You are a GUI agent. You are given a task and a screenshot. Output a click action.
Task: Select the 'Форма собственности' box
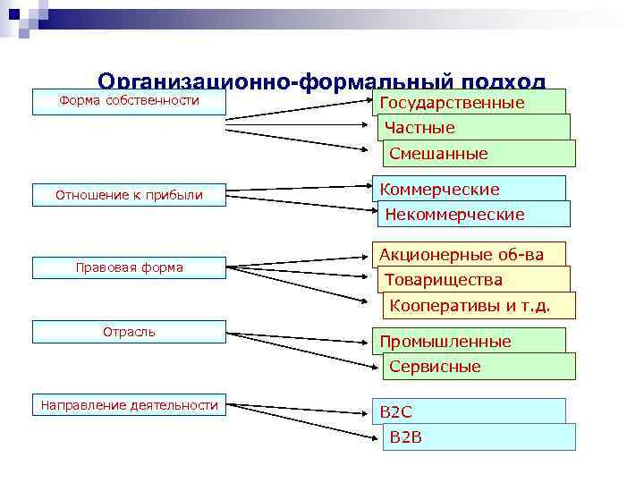[x=129, y=101]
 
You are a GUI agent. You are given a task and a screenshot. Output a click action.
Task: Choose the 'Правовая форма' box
[x=129, y=267]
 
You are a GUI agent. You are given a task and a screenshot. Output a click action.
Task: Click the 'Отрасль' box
[x=129, y=332]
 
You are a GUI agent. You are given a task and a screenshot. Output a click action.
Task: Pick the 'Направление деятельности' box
[x=129, y=406]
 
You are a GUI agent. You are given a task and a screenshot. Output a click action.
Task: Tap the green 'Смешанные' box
[x=479, y=154]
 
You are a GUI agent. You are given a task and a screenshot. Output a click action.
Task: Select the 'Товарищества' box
[x=475, y=280]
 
